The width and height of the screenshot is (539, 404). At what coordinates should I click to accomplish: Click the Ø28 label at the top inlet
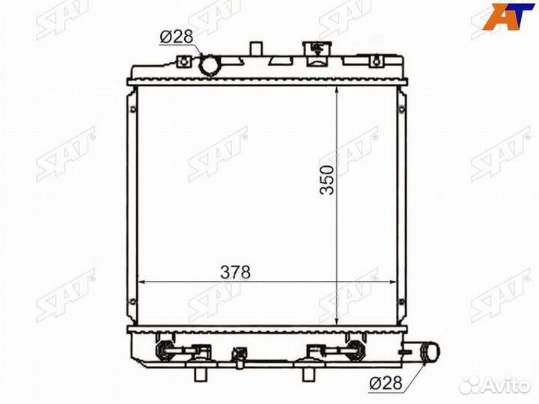(177, 37)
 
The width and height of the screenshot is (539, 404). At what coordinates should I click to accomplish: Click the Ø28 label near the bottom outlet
(386, 383)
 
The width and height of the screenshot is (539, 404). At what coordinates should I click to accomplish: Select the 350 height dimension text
(326, 180)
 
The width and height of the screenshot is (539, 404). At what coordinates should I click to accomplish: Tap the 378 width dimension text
(236, 273)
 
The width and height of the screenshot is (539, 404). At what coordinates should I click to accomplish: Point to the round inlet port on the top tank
(209, 66)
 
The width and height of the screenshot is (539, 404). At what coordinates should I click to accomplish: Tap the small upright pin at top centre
(256, 48)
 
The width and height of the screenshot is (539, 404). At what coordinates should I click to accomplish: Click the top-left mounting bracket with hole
(184, 62)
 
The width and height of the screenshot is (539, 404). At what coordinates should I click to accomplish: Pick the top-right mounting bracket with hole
(377, 61)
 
